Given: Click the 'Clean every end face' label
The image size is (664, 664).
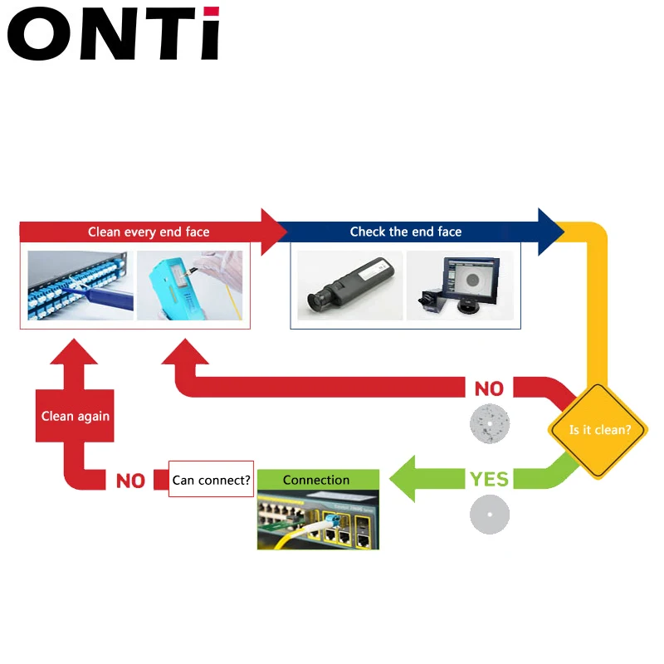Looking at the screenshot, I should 149,232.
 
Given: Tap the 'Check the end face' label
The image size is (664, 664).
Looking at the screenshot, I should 405,232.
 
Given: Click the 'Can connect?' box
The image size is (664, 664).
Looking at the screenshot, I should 211,480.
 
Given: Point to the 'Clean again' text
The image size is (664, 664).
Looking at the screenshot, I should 76,416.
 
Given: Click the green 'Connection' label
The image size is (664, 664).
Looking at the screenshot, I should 316,480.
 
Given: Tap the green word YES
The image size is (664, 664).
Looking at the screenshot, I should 489,479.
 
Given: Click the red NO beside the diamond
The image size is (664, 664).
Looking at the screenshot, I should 489,388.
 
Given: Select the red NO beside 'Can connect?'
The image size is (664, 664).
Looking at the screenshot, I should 130,481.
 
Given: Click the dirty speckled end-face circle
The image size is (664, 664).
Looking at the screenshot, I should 489,422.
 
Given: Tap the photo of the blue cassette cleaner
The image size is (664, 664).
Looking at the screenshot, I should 190,286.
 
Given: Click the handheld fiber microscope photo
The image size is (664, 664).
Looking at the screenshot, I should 349,286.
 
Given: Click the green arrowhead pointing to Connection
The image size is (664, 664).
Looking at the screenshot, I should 406,479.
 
